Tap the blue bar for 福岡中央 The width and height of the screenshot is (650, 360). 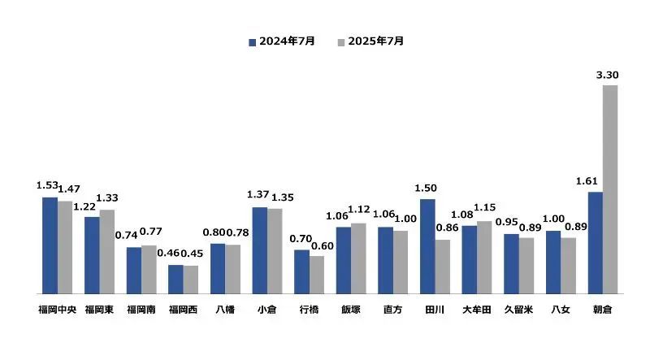pos(50,245)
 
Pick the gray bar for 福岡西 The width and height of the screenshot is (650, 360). pos(191,279)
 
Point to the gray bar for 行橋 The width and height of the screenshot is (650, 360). pos(317,274)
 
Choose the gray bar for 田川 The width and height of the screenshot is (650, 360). pos(443,266)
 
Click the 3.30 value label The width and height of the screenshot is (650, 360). pos(607,75)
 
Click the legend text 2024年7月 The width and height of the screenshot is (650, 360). pos(287,41)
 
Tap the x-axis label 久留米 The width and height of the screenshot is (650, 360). pos(518,310)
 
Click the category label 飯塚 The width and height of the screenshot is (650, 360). pos(350,310)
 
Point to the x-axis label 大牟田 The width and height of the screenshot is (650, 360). pos(477,310)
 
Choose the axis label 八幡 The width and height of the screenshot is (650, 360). pos(225,310)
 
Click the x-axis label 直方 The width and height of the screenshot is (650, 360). pos(392,310)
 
